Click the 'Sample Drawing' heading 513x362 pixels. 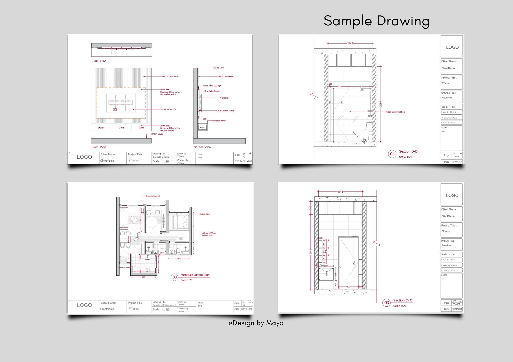point(376,21)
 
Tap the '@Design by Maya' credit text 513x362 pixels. point(256,323)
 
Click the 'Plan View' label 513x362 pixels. point(99,61)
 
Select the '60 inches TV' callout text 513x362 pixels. point(170,109)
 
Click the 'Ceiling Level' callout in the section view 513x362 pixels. point(219,68)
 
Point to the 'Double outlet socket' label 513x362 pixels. point(225,111)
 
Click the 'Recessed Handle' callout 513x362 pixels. point(219,121)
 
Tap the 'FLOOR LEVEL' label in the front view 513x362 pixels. point(157,134)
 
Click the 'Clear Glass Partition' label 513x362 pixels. point(395,112)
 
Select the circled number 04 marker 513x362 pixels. point(392,154)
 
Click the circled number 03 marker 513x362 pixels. point(387,303)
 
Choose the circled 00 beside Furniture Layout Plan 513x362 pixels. point(175,277)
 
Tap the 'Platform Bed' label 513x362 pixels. point(204,214)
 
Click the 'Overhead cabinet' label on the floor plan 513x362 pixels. point(153,196)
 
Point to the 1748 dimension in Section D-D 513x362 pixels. point(350,44)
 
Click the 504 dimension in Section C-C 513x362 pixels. point(310,208)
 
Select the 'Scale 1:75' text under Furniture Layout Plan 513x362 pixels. point(186,280)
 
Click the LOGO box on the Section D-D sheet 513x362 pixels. point(452,47)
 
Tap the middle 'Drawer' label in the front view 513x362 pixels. point(121,127)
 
